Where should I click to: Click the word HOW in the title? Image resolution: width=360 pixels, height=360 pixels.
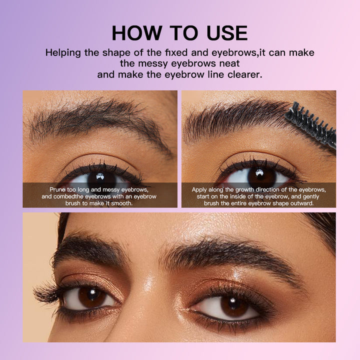point(137,33)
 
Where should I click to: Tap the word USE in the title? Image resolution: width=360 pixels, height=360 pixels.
point(227,33)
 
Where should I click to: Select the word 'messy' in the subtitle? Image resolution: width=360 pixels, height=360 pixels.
point(153,63)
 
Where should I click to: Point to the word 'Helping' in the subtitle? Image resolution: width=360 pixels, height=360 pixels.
point(63,53)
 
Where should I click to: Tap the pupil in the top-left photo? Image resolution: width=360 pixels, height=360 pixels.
point(101,178)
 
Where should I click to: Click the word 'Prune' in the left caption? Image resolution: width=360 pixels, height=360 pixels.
point(57,190)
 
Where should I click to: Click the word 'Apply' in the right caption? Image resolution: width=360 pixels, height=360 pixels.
point(199,190)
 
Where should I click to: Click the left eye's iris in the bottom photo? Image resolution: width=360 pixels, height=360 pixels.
point(92,297)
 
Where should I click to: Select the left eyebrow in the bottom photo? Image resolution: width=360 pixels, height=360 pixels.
point(89,250)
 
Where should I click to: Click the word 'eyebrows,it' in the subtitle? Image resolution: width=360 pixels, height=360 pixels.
point(238,53)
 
